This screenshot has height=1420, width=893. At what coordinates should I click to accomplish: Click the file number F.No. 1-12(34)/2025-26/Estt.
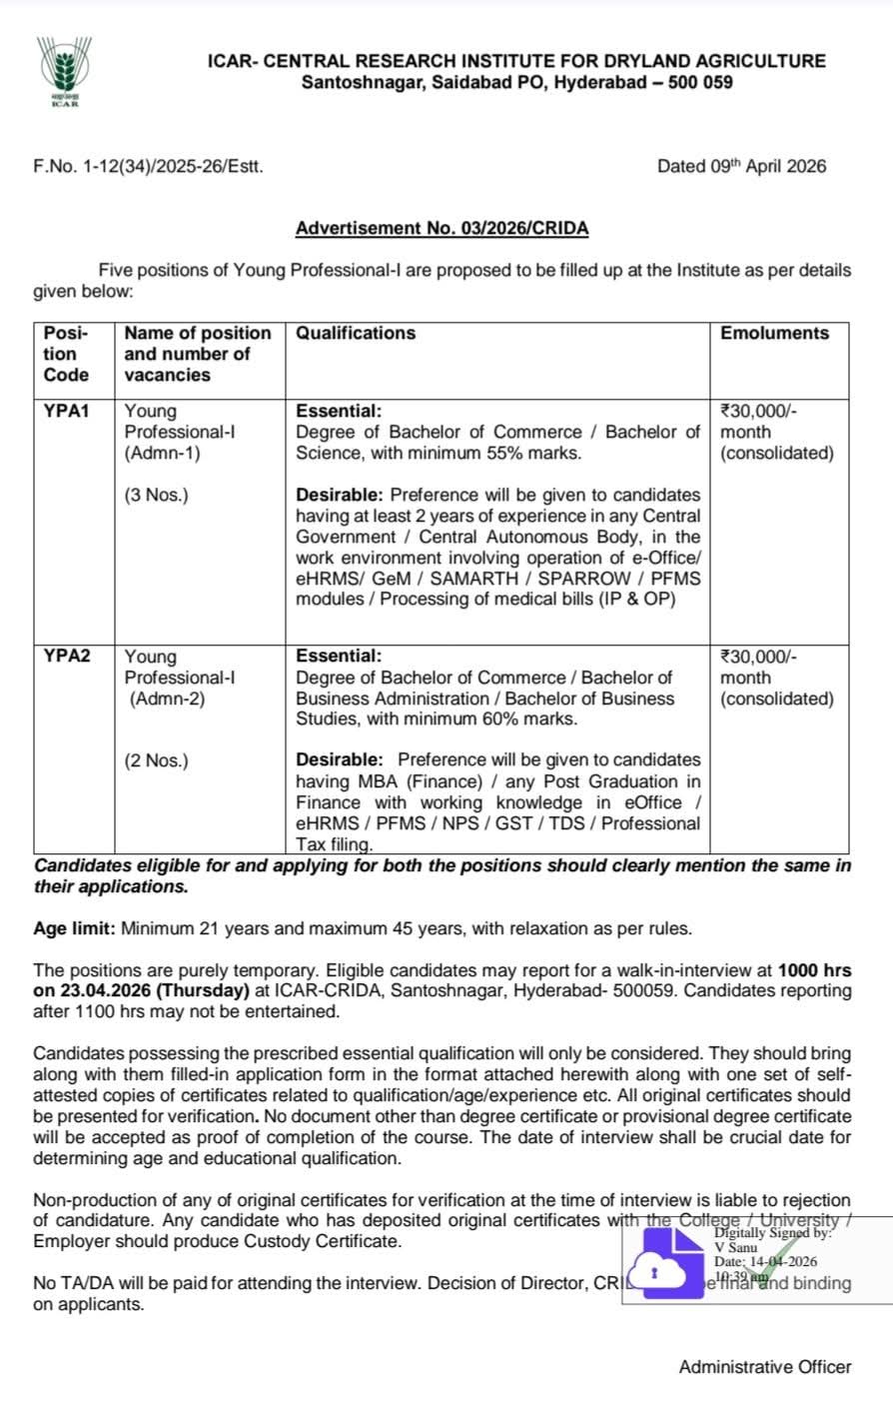[x=149, y=167]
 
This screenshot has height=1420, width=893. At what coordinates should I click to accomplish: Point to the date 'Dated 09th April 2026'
[x=741, y=167]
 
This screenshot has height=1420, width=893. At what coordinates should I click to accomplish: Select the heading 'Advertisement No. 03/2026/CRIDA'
[x=442, y=229]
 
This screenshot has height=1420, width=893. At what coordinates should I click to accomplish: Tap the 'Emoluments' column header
[x=774, y=334]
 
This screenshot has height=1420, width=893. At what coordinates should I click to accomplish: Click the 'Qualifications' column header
[x=356, y=334]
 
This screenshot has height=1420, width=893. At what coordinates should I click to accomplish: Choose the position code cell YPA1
[x=67, y=411]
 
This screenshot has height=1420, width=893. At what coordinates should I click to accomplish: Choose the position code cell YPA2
[x=67, y=657]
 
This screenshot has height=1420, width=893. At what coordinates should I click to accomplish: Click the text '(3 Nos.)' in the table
[x=156, y=495]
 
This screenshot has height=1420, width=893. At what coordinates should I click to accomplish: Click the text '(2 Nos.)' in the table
[x=156, y=760]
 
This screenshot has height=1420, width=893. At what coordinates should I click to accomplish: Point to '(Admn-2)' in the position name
[x=167, y=699]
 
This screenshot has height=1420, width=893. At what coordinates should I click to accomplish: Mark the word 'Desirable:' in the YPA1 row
[x=340, y=495]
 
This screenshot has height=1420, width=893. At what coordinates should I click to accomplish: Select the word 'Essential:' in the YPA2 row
[x=339, y=657]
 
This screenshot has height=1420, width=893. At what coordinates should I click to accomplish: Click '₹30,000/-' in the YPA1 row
[x=759, y=411]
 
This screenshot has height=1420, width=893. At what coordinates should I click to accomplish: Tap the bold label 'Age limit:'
[x=75, y=928]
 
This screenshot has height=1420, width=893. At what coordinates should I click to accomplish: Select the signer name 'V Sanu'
[x=736, y=1247]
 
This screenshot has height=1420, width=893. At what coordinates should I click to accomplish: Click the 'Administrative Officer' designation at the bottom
[x=765, y=1366]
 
